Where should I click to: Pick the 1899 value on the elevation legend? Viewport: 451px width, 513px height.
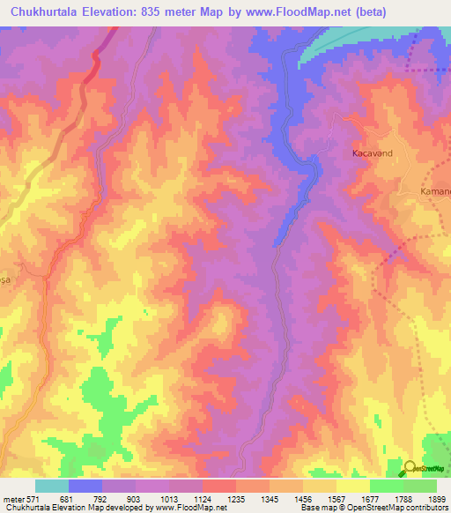coord(436,499)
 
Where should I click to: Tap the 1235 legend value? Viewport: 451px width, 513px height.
coord(236,499)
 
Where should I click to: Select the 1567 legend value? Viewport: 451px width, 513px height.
coord(337,499)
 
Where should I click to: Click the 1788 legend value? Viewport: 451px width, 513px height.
coord(403,499)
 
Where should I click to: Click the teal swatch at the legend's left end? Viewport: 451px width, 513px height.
coord(51,486)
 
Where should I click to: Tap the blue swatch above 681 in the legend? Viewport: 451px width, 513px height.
coord(85,486)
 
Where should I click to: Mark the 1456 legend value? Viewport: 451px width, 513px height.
coord(304,499)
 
